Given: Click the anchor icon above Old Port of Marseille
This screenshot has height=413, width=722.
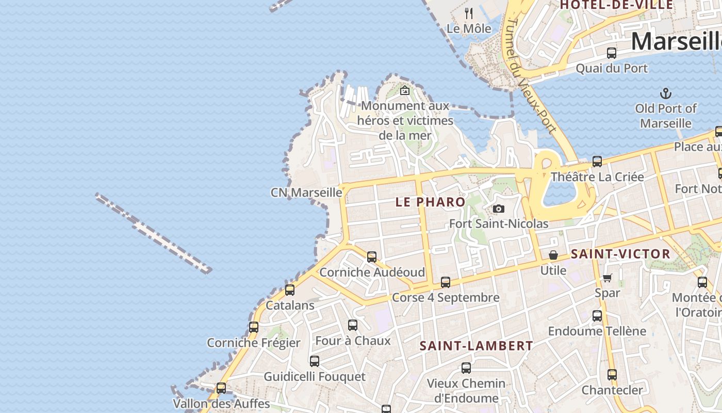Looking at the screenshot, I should click(666, 93).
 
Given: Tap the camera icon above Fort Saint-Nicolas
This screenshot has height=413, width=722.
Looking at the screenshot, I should click(498, 209).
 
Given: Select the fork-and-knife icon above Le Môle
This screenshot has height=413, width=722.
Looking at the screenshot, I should click(469, 13).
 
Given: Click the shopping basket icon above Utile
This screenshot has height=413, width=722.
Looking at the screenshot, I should click(553, 255).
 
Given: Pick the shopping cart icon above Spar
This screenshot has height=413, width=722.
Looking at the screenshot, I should click(608, 278).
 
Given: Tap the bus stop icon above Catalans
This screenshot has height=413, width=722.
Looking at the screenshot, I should click(290, 290).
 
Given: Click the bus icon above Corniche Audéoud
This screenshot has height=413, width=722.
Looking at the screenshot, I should click(371, 257).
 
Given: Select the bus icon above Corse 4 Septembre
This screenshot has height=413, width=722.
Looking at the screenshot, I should click(446, 282).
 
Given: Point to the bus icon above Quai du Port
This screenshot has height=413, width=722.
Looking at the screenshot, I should click(612, 53).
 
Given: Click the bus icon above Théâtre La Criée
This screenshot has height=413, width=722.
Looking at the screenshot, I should click(597, 162).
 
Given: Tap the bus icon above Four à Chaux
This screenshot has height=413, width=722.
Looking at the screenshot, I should click(353, 325).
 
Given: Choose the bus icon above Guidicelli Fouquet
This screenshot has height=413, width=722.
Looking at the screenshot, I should click(315, 361).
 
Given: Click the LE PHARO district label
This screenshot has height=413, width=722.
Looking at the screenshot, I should click(430, 202).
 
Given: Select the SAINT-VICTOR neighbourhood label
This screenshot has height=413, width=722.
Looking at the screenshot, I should click(620, 254).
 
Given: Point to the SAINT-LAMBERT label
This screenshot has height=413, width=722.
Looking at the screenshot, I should click(476, 346).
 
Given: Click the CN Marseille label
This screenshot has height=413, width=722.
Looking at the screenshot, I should click(306, 193).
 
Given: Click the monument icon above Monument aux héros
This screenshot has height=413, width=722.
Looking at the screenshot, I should click(405, 90).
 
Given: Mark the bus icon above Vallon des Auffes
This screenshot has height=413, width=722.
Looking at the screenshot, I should click(221, 388).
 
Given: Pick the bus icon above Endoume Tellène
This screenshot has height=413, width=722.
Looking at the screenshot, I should click(597, 316).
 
